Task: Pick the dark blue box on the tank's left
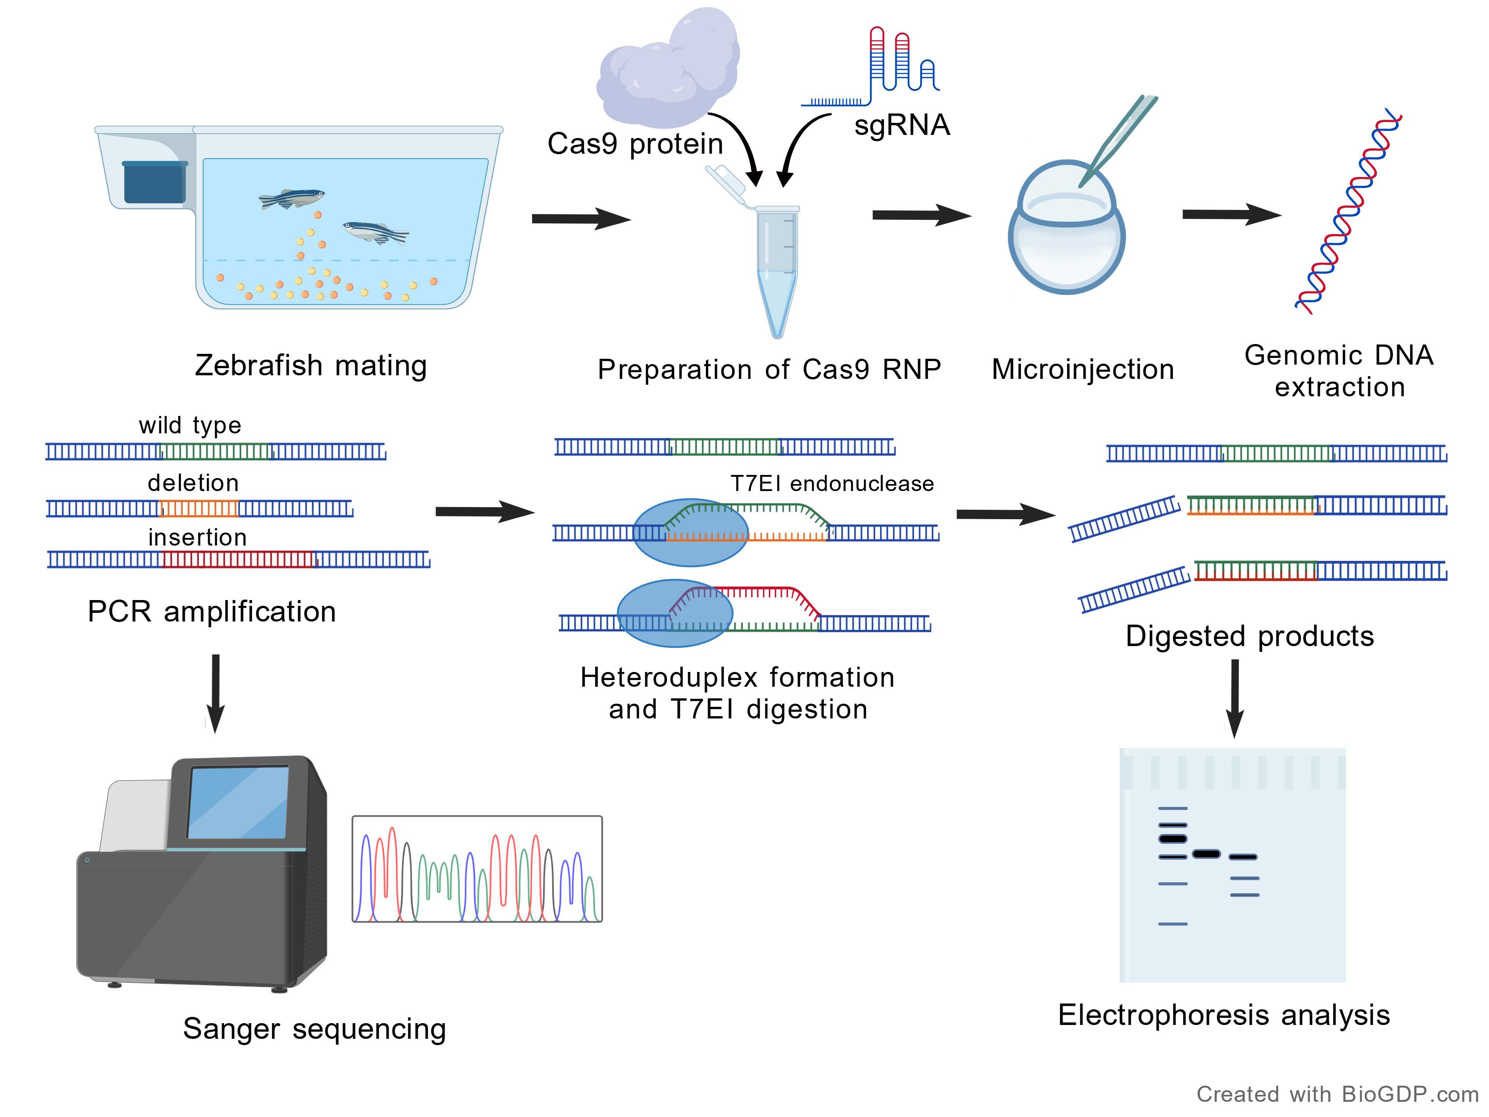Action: pos(154,182)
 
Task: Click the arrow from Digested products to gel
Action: pos(1234,697)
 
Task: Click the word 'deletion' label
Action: pos(193,483)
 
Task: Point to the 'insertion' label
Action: pos(197,538)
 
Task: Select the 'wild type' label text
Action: pos(190,425)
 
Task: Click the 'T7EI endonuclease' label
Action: pos(832,483)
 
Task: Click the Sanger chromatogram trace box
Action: pos(477,869)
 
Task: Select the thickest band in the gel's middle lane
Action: pos(1206,854)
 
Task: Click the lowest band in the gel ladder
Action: pos(1173,924)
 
